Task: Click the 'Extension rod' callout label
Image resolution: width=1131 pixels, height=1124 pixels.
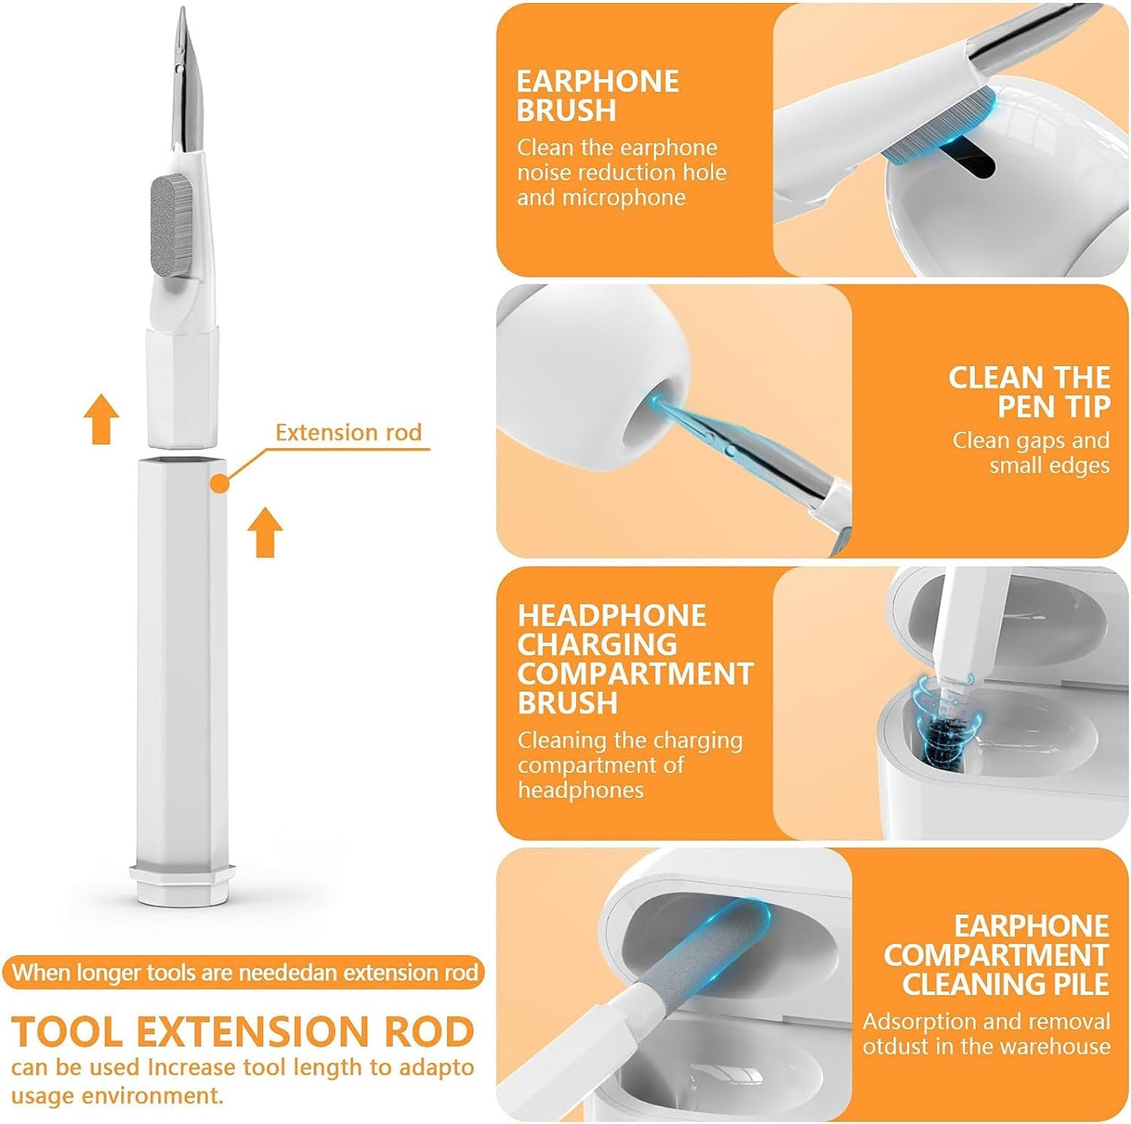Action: pyautogui.click(x=348, y=433)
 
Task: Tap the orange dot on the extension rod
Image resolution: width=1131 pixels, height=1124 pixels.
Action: pyautogui.click(x=220, y=484)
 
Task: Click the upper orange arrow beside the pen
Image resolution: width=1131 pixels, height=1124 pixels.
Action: pyautogui.click(x=102, y=419)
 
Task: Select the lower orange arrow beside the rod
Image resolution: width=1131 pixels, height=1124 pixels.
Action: pyautogui.click(x=265, y=532)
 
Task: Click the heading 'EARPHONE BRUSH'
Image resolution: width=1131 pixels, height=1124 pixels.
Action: pyautogui.click(x=597, y=96)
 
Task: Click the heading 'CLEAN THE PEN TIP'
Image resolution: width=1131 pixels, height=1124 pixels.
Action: pyautogui.click(x=1028, y=392)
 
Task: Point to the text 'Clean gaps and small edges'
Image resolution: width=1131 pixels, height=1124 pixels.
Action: pyautogui.click(x=1031, y=453)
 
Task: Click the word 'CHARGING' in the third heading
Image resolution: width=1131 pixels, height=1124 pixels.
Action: pyautogui.click(x=596, y=645)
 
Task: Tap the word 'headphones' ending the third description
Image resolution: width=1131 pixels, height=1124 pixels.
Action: pyautogui.click(x=580, y=790)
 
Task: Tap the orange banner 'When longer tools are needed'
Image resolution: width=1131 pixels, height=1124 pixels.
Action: pyautogui.click(x=244, y=973)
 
